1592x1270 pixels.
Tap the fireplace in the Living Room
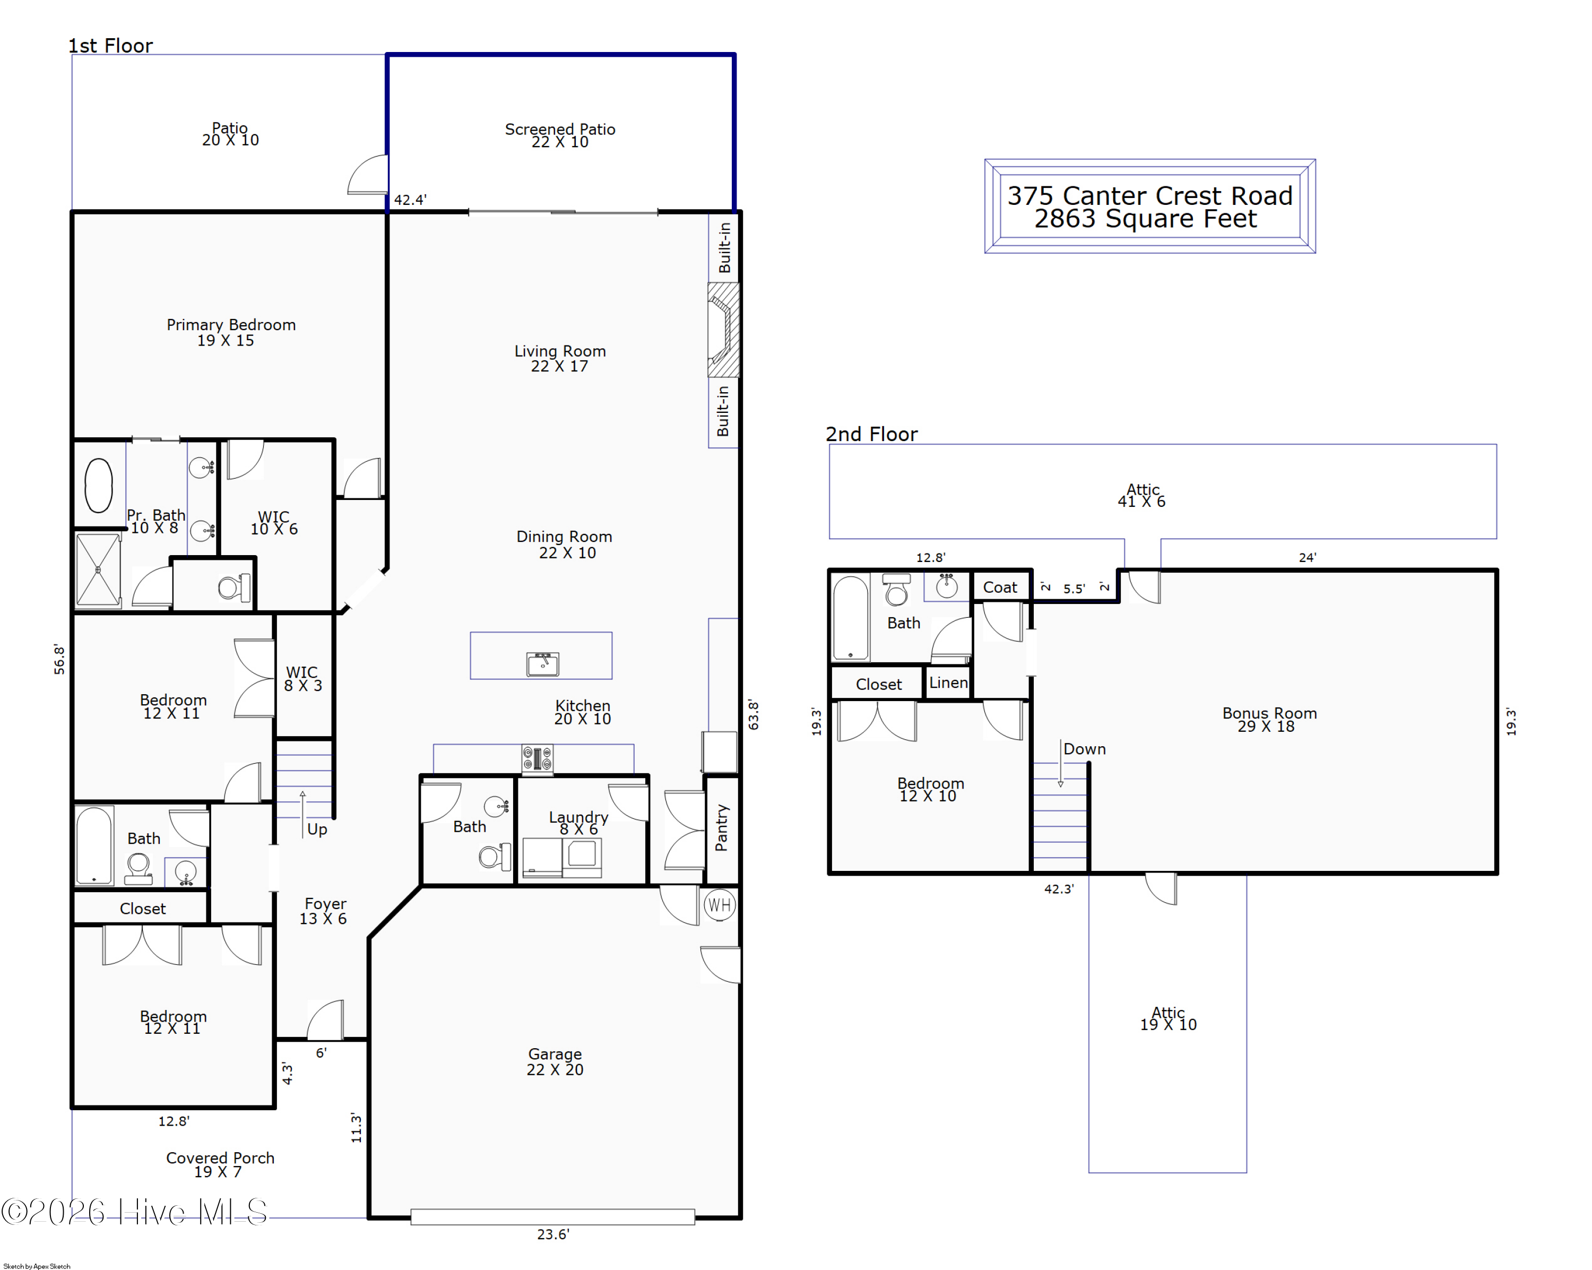[x=723, y=330]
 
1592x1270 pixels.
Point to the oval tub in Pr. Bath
[x=98, y=485]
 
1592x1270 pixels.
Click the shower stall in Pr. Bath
[x=98, y=569]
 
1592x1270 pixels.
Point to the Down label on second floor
[x=1084, y=749]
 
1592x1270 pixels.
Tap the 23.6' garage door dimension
[x=553, y=1234]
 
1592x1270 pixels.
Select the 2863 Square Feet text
[x=1145, y=219]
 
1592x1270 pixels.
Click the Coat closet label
[x=1000, y=587]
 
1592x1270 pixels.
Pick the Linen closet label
[x=948, y=682]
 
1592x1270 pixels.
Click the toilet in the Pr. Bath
[x=234, y=588]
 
